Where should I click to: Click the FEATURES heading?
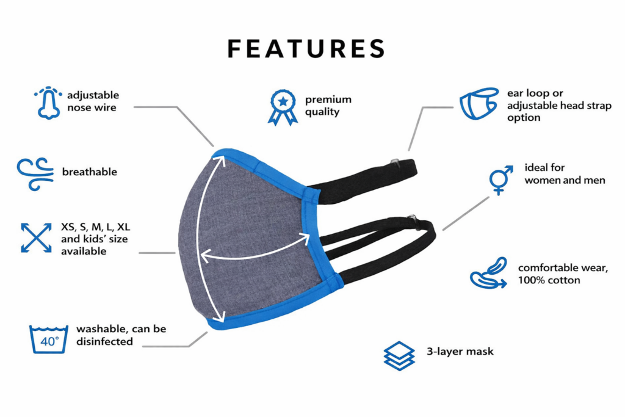coord(306,49)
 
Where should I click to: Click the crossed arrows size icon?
coord(36,238)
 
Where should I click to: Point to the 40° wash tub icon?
coord(49,339)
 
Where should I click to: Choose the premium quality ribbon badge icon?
coord(282,107)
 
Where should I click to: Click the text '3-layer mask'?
coord(460,352)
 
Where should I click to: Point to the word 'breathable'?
coord(89,172)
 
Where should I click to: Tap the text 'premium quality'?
coord(328,106)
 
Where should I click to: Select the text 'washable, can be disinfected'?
coord(121,335)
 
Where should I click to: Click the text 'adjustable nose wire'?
coord(93,101)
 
